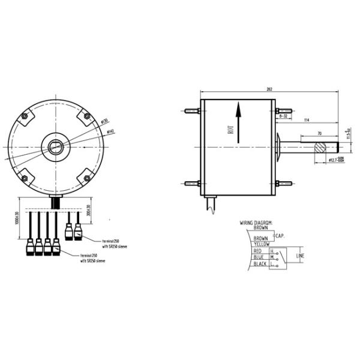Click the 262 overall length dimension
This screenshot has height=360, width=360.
tap(269, 89)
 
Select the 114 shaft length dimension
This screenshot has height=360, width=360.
tap(307, 121)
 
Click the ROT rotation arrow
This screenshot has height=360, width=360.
tap(238, 123)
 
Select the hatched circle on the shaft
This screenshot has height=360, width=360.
tap(320, 146)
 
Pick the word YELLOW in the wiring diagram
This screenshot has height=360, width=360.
tap(261, 244)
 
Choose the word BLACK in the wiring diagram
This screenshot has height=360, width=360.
tap(260, 263)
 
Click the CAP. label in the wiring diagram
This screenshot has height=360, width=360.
tap(279, 236)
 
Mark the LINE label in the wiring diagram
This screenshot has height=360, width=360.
tap(301, 257)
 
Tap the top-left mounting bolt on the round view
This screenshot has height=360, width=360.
tap(24, 116)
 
